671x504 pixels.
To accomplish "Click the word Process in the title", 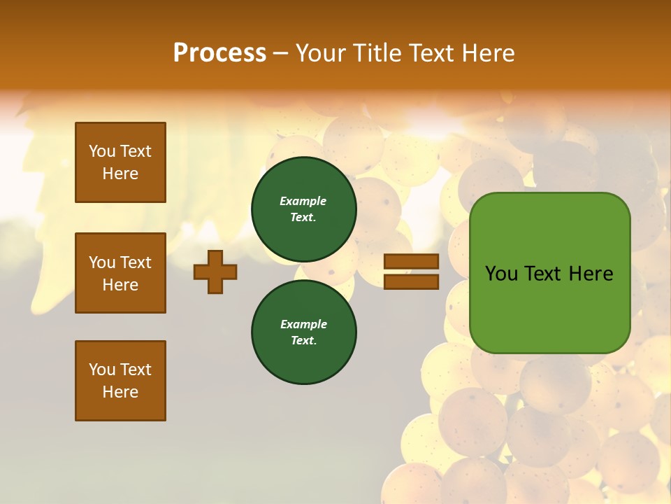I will [x=219, y=53].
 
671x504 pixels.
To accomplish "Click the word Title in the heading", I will [x=375, y=53].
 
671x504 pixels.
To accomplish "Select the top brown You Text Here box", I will [x=120, y=162].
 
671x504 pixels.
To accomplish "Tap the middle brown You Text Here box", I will [x=120, y=273].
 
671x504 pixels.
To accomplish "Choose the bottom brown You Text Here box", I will [x=120, y=381].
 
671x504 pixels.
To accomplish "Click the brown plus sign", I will [x=215, y=272].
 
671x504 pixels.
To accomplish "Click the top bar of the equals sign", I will [x=411, y=262].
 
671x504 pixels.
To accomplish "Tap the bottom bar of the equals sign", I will [x=411, y=281].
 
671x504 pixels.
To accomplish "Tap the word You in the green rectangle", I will [x=501, y=274].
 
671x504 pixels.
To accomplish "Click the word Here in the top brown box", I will [x=120, y=174].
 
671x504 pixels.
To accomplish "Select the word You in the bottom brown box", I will [x=102, y=370].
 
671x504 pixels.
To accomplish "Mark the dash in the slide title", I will [x=281, y=53].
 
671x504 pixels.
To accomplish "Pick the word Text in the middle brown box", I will [x=136, y=262].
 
